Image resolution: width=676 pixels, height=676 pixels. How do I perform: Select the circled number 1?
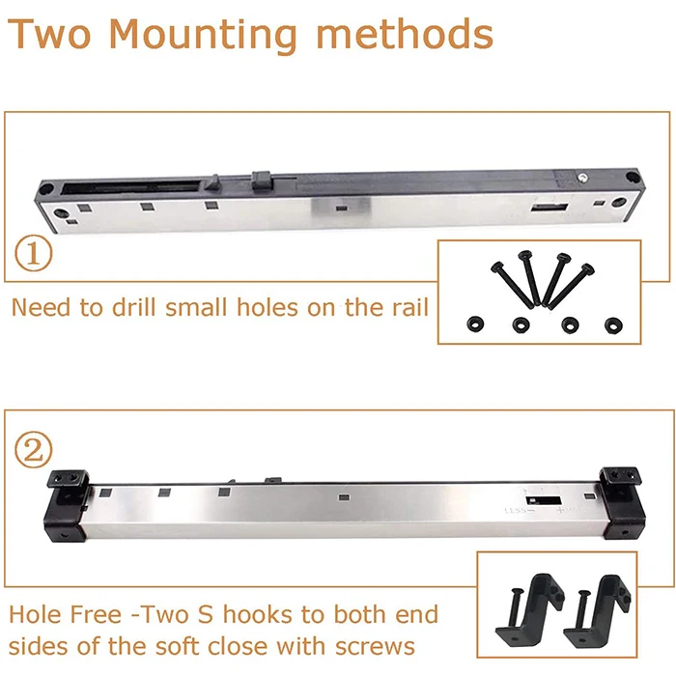tap(33, 256)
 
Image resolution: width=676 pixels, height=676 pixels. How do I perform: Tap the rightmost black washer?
tap(611, 323)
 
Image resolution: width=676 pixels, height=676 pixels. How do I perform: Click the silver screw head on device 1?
tap(584, 175)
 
